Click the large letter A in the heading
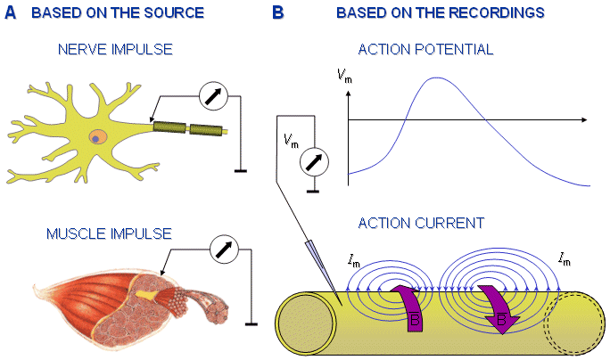(x=11, y=12)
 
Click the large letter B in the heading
(x=277, y=12)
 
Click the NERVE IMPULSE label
(x=115, y=49)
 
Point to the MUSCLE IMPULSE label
(x=109, y=233)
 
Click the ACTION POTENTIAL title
(x=425, y=49)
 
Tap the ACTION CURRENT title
(x=421, y=223)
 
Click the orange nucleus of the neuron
(x=97, y=137)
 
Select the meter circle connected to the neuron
(x=213, y=95)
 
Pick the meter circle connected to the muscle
(x=224, y=250)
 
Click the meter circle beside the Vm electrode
(x=314, y=162)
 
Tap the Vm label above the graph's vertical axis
(x=344, y=76)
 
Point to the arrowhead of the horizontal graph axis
(x=584, y=119)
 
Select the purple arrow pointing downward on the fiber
(x=498, y=309)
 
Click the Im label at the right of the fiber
(x=565, y=259)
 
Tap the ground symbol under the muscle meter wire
(x=251, y=323)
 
